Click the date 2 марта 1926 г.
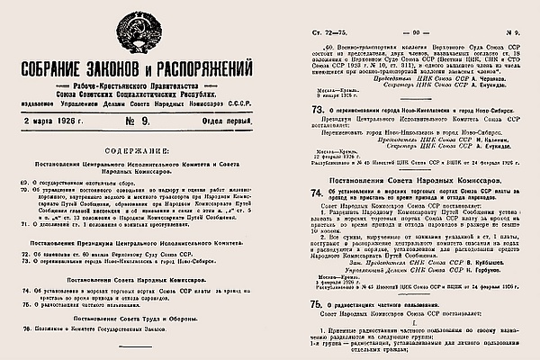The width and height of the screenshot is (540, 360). click(42, 115)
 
